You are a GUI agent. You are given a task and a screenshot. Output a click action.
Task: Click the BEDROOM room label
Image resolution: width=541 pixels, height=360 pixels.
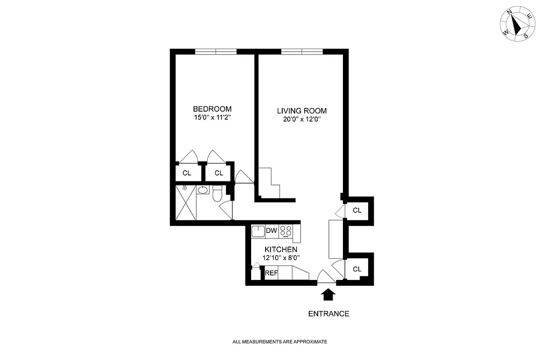[212, 109]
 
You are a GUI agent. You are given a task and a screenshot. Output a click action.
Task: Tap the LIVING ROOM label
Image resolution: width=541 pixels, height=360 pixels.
[302, 111]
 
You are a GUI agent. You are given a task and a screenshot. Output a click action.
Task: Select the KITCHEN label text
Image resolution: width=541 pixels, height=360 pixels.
[280, 250]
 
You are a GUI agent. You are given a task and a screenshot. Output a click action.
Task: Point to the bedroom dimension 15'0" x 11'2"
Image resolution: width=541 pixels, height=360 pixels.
[212, 117]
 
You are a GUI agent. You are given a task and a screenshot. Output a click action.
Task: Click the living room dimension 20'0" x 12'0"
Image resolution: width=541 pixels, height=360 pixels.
[302, 120]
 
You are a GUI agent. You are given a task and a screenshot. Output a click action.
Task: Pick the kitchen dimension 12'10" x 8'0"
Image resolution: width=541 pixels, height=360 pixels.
[280, 258]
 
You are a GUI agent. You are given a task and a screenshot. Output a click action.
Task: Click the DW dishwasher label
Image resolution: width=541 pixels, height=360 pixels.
[271, 231]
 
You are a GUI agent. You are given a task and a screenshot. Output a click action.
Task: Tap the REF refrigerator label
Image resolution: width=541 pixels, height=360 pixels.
[271, 273]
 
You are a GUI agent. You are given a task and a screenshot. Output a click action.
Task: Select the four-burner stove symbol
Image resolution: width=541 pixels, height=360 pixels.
[285, 231]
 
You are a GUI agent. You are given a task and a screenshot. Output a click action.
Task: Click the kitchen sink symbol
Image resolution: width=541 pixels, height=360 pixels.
[258, 231]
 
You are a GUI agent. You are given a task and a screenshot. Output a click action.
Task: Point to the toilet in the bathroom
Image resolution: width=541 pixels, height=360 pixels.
[217, 194]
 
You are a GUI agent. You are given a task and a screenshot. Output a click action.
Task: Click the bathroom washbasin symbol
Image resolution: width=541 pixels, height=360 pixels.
[203, 190]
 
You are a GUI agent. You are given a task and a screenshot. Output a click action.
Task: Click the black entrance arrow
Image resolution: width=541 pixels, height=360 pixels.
[329, 295]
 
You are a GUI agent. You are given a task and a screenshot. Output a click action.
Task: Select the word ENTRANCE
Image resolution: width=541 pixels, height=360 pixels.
[329, 314]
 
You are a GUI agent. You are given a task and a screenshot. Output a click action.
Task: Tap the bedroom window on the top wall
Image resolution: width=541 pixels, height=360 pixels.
[216, 52]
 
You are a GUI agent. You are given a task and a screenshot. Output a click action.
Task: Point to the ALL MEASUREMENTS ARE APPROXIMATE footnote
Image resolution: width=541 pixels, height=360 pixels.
[280, 342]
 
